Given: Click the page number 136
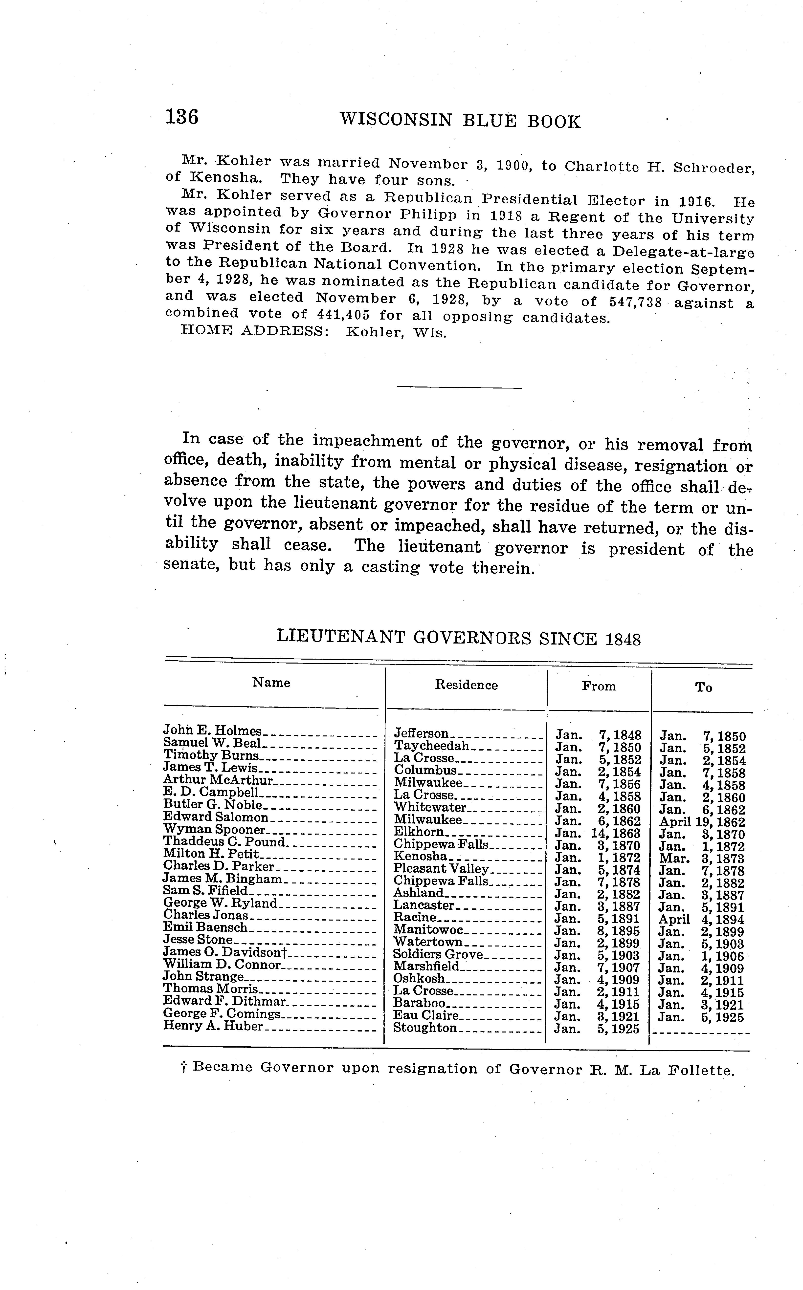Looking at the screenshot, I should [182, 116].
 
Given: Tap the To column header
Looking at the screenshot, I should [704, 688].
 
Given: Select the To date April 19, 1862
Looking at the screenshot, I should [702, 822].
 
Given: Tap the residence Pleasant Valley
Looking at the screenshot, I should [441, 869].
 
